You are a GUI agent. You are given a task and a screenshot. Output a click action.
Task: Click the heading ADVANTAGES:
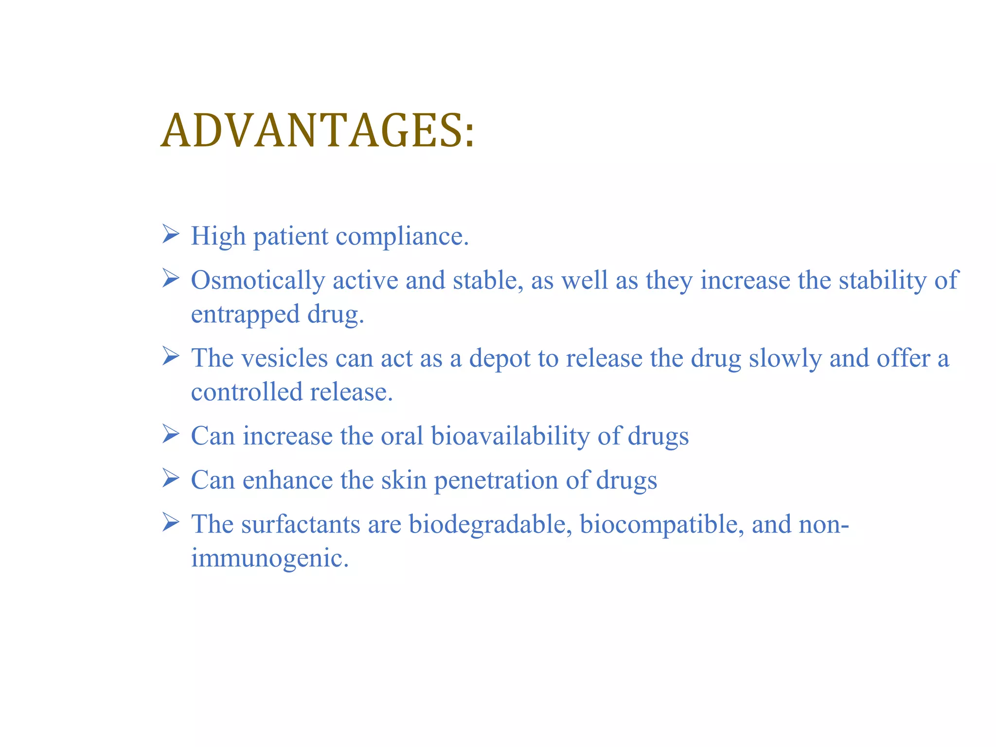317,131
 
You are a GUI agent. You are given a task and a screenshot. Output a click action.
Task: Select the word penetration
496,480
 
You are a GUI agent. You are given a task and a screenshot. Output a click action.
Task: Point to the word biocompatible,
662,524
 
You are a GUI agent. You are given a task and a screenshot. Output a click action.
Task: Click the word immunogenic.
269,558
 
